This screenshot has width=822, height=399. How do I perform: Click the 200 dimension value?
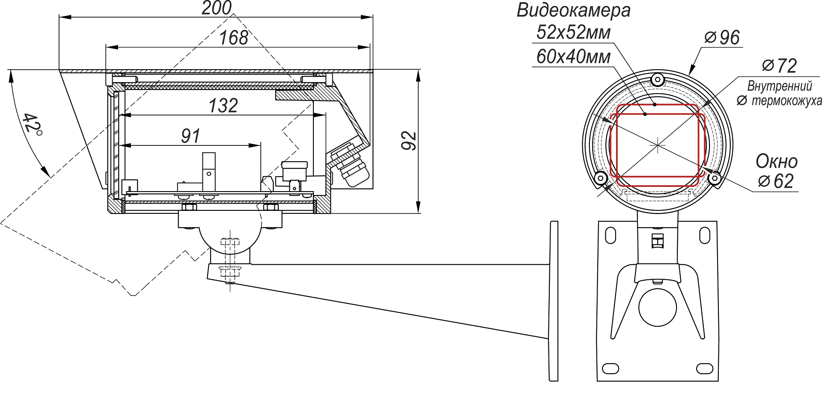click(217, 8)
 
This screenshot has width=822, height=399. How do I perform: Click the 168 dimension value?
click(234, 38)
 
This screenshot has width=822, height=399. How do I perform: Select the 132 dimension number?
click(223, 106)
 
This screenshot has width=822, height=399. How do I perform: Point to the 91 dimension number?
click(191, 136)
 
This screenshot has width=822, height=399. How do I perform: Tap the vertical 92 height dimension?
click(409, 141)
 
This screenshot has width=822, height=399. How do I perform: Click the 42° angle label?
click(32, 124)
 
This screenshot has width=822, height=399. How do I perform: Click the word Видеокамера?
click(573, 10)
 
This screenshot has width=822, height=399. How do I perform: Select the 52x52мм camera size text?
click(573, 33)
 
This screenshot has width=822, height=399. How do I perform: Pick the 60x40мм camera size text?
click(573, 57)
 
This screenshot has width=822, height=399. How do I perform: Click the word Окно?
click(776, 162)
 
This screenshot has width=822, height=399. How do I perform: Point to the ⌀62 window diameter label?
click(776, 181)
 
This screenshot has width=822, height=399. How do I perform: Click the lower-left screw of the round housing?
click(600, 178)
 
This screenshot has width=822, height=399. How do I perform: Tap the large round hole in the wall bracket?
click(657, 307)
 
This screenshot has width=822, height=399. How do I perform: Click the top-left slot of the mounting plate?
click(610, 235)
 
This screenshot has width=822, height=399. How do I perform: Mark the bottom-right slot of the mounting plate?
click(704, 368)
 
